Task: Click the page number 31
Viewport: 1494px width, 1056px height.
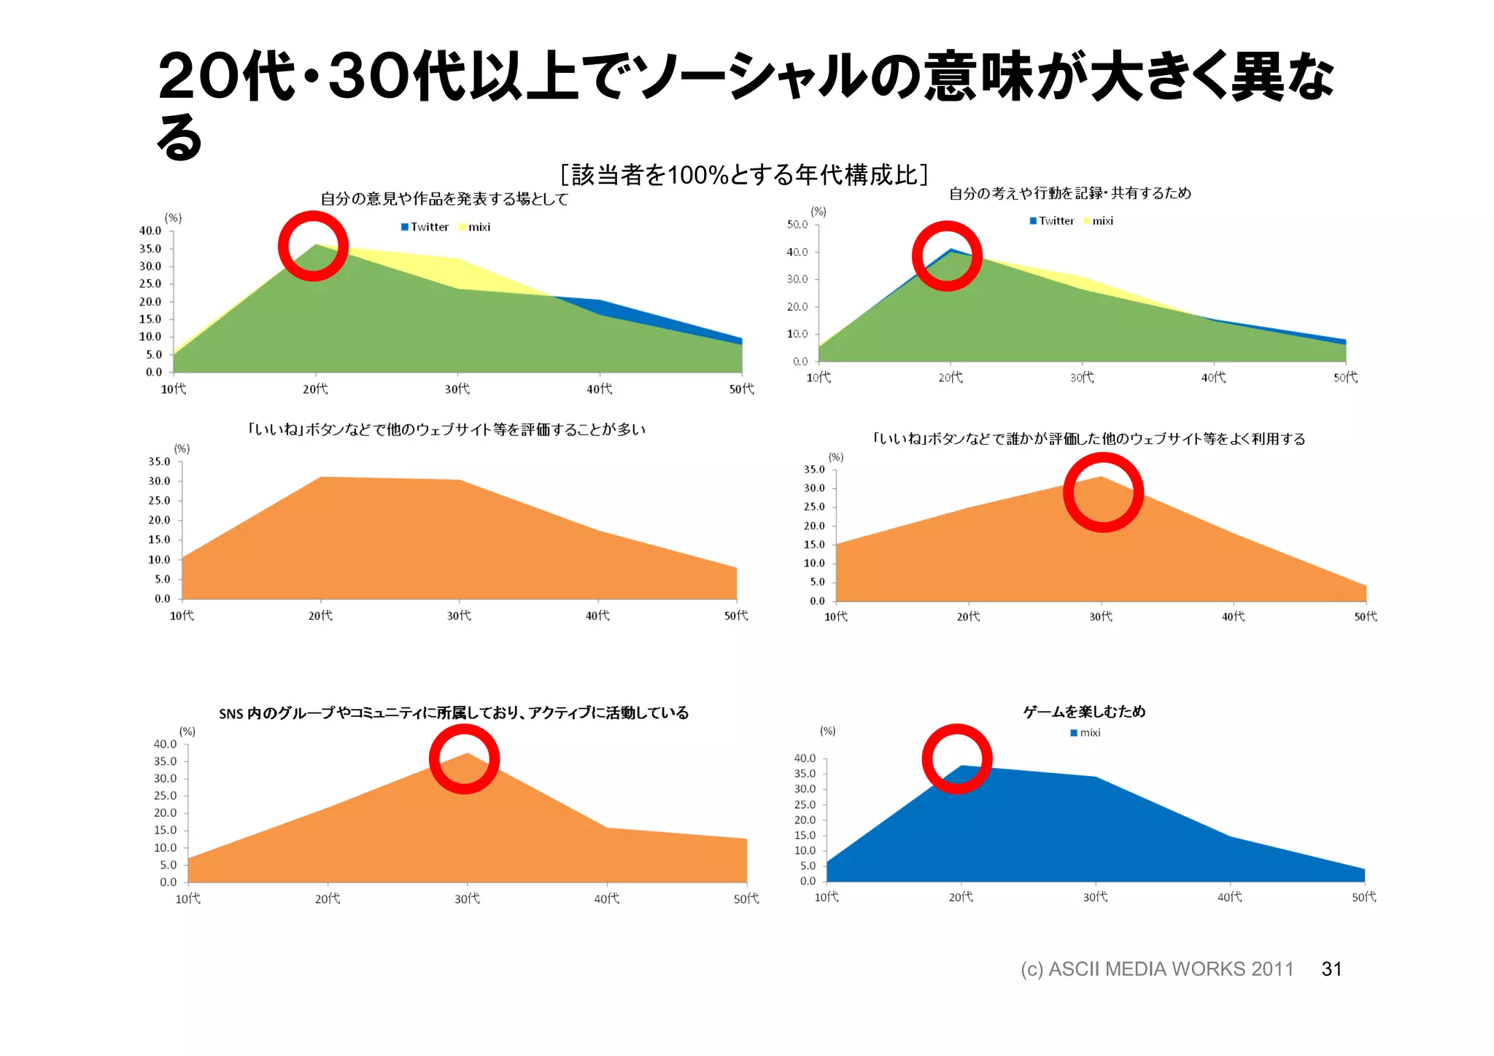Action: click(1331, 969)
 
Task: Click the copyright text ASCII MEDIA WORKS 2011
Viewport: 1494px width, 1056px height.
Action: click(1156, 969)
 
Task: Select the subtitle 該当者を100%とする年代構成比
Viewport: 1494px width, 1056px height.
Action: click(744, 175)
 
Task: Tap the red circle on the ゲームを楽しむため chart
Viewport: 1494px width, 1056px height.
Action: click(957, 758)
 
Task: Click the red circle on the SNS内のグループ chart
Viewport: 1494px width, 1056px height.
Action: click(464, 758)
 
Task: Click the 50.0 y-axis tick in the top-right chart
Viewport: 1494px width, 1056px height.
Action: click(797, 225)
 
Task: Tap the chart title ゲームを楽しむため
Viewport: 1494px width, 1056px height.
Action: click(1084, 712)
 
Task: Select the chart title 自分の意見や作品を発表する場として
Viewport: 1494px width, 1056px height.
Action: click(444, 199)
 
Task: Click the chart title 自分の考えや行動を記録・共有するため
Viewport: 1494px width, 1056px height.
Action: click(1069, 193)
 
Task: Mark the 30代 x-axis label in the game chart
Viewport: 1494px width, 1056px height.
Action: click(1095, 897)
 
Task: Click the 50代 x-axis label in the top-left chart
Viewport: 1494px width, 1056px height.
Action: click(742, 389)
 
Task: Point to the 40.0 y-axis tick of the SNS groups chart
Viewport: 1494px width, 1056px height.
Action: click(165, 745)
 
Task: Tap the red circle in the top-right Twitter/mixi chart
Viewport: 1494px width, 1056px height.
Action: click(947, 256)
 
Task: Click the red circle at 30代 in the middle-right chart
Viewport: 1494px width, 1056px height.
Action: click(1103, 492)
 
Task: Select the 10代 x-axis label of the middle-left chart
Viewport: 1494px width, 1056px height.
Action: click(182, 616)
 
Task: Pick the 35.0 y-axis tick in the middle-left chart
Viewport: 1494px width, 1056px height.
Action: click(159, 462)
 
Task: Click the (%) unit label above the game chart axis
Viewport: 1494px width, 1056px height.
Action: click(828, 731)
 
